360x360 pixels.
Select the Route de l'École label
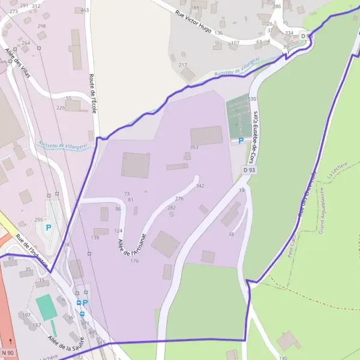[x=92, y=93]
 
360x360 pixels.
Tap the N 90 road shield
[x=8, y=352]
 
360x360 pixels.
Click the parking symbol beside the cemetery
[x=241, y=140]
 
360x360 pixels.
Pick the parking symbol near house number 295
[x=49, y=227]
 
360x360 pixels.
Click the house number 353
[x=194, y=147]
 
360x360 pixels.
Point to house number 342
[x=200, y=186]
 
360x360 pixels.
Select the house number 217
[x=183, y=65]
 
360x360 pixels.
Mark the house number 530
[x=252, y=98]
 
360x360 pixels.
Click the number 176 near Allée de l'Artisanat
[x=134, y=260]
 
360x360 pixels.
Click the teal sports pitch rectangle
[x=47, y=307]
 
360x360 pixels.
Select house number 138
[x=95, y=238]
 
